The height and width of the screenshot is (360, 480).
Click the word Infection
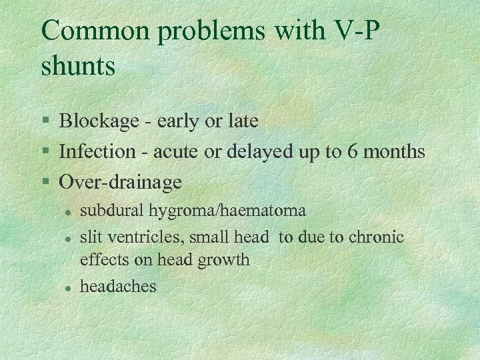pos(97,151)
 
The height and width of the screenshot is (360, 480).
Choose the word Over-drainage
pos(121,181)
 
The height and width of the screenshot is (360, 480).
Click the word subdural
pos(105,211)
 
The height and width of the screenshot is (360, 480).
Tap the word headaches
pos(118,286)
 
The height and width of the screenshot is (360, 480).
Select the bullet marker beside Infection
pos(45,152)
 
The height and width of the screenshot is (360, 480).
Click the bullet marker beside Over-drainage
pos(45,182)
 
